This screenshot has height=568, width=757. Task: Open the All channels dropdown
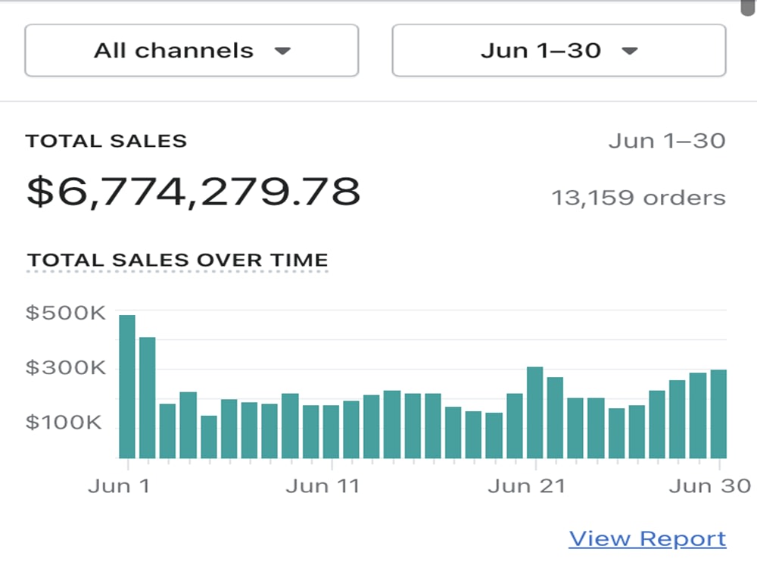click(192, 50)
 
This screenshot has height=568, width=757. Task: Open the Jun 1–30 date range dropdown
click(559, 50)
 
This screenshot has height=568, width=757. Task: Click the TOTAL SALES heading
click(106, 141)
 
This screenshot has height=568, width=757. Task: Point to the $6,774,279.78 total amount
click(193, 192)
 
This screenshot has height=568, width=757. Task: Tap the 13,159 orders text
click(638, 198)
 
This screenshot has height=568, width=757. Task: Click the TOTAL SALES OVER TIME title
click(178, 260)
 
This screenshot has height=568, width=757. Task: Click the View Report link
click(647, 538)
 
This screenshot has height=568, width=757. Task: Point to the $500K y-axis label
click(65, 313)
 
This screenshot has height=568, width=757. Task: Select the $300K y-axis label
click(65, 367)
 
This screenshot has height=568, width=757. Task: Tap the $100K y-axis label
click(64, 422)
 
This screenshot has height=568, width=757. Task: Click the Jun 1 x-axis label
click(119, 486)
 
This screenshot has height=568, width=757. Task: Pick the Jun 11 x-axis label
click(322, 486)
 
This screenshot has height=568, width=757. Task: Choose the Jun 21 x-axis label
click(526, 486)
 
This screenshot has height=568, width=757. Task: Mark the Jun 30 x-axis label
click(710, 486)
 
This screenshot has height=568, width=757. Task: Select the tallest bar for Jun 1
click(127, 386)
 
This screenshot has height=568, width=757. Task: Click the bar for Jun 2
click(148, 398)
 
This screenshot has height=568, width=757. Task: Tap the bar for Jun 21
click(535, 413)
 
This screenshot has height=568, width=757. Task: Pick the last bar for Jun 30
click(718, 414)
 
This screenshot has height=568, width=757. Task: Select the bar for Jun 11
click(332, 432)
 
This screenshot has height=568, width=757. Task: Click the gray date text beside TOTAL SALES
click(667, 141)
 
